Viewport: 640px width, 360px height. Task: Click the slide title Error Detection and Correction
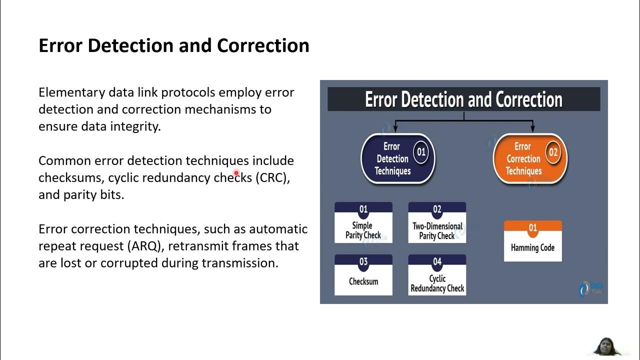173,45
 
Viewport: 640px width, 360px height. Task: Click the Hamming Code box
532,241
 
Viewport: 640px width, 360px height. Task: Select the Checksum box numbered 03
363,275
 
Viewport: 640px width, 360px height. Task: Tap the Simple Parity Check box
363,223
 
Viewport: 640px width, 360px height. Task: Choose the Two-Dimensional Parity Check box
437,223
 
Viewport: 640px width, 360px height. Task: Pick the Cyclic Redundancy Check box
437,275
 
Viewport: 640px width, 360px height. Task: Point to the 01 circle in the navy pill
421,151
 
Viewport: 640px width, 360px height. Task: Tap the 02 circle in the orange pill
552,152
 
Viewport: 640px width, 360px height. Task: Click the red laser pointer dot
236,173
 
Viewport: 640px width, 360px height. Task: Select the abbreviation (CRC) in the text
272,177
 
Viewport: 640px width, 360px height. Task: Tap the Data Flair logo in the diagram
590,288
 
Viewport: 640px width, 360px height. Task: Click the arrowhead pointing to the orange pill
532,129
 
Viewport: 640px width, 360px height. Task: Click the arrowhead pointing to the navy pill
395,129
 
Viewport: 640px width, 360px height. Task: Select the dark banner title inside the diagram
463,99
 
